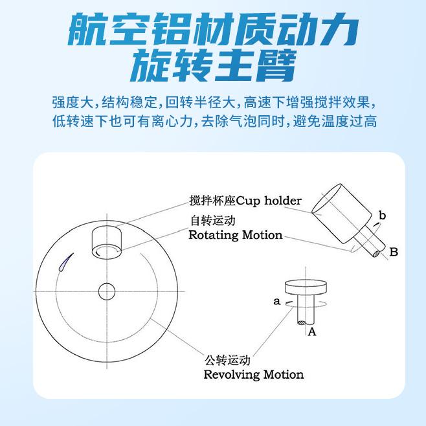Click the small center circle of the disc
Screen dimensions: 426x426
coord(107,291)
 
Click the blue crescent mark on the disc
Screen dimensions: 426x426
coord(66,262)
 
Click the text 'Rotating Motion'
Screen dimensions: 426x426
coord(236,235)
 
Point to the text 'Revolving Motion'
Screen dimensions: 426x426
coord(254,374)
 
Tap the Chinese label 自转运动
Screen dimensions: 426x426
coord(213,220)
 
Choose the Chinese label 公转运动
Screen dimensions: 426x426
coord(227,360)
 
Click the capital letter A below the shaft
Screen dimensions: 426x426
coord(312,331)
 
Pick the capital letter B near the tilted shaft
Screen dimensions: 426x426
coord(394,252)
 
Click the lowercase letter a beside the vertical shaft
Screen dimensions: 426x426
coord(276,301)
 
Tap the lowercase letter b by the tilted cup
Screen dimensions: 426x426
coord(382,216)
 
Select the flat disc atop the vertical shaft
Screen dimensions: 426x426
coord(306,287)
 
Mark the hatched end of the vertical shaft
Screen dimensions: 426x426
coord(302,323)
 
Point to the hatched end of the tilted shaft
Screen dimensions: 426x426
coord(377,254)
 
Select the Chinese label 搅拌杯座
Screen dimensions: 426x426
coord(212,201)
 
